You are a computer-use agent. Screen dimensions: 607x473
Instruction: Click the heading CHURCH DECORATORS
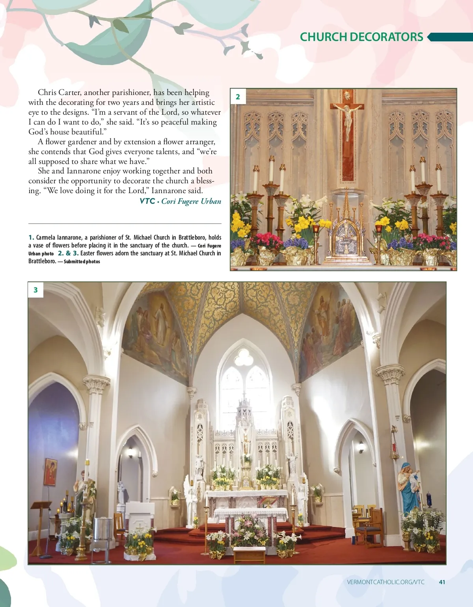[361, 37]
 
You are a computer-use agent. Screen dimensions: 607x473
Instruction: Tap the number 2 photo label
[238, 97]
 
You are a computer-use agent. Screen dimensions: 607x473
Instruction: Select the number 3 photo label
[35, 290]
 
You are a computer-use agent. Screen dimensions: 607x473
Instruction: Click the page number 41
[442, 582]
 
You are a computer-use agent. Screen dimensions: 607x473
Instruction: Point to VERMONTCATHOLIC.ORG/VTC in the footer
[385, 582]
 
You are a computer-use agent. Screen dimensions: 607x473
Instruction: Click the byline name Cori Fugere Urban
[191, 201]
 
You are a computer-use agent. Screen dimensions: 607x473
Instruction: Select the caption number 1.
[31, 237]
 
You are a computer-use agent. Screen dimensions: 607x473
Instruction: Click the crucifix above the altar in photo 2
[347, 118]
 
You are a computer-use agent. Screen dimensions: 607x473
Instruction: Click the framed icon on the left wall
[50, 472]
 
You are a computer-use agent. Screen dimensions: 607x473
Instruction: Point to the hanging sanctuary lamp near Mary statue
[395, 445]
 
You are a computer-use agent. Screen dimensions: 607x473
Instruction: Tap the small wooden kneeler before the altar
[249, 554]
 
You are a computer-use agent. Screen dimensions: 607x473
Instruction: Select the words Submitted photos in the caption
[82, 261]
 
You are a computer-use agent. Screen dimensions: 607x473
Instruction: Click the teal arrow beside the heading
[449, 37]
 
